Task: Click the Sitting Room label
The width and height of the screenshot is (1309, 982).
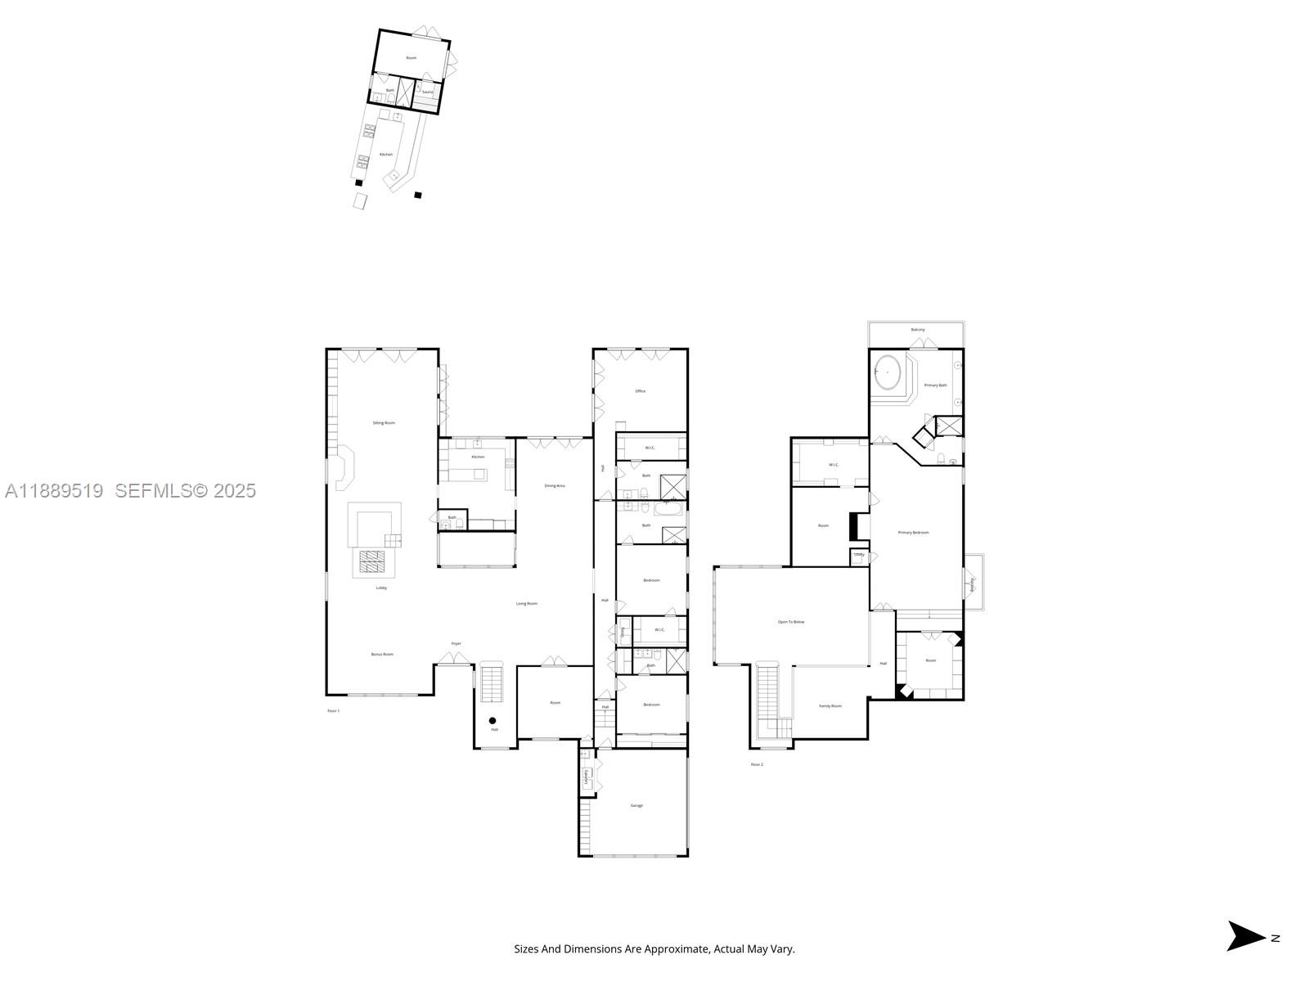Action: [384, 423]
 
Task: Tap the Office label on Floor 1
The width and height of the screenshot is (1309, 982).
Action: [641, 391]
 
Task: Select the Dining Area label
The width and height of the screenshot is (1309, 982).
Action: [555, 486]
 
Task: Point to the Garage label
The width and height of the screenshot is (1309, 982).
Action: [637, 805]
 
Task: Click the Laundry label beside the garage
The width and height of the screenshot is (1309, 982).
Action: [587, 776]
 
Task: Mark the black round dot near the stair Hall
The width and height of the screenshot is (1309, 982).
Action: [493, 720]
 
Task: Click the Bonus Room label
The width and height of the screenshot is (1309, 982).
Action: [382, 654]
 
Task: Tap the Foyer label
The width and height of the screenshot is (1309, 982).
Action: [457, 643]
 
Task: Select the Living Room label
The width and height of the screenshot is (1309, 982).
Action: [527, 604]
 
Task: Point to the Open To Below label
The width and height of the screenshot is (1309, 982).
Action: [790, 622]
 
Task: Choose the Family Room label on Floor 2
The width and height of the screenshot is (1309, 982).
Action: [830, 705]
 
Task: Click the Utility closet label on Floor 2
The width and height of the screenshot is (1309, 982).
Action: [859, 555]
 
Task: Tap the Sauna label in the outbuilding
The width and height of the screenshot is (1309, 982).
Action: [427, 92]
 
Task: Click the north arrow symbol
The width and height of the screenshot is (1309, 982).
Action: [1245, 936]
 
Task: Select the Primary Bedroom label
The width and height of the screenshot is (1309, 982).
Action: [913, 533]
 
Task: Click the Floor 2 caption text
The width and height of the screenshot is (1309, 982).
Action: [757, 764]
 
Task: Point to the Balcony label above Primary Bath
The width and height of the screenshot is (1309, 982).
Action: [917, 330]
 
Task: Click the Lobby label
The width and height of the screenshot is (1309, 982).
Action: [381, 588]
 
